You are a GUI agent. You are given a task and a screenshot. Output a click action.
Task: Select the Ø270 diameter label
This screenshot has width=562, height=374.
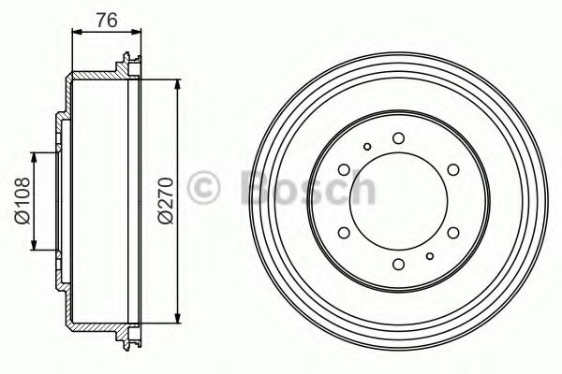165,199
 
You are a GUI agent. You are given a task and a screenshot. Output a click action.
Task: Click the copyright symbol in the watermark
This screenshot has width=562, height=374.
206,187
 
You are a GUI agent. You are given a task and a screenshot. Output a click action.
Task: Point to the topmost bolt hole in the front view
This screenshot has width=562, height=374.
398,138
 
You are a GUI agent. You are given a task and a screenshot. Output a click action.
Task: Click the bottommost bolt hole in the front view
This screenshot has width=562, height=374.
398,264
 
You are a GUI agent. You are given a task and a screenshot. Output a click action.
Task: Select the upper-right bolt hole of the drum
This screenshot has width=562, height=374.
452,169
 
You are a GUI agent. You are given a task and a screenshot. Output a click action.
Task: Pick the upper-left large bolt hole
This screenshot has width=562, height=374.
344,169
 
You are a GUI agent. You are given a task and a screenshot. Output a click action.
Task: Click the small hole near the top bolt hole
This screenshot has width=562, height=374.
368,146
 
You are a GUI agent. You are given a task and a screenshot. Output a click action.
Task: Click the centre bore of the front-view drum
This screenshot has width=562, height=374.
398,201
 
